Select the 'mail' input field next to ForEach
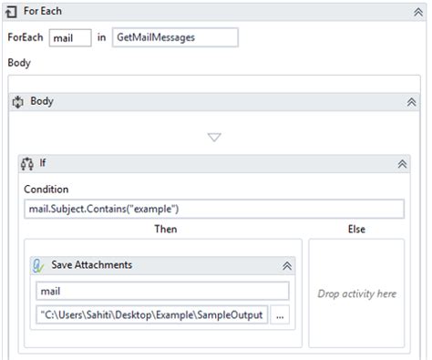point(70,38)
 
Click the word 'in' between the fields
point(101,38)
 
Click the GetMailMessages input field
point(174,38)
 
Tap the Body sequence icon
point(17,101)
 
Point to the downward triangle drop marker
point(214,138)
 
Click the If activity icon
point(27,164)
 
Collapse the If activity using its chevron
point(402,164)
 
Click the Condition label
point(46,190)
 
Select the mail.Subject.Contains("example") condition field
point(214,209)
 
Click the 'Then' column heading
point(165,229)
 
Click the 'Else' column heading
point(356,229)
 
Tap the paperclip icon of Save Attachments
point(39,265)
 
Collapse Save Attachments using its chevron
point(287,265)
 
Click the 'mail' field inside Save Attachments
point(162,291)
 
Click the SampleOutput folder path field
point(151,315)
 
